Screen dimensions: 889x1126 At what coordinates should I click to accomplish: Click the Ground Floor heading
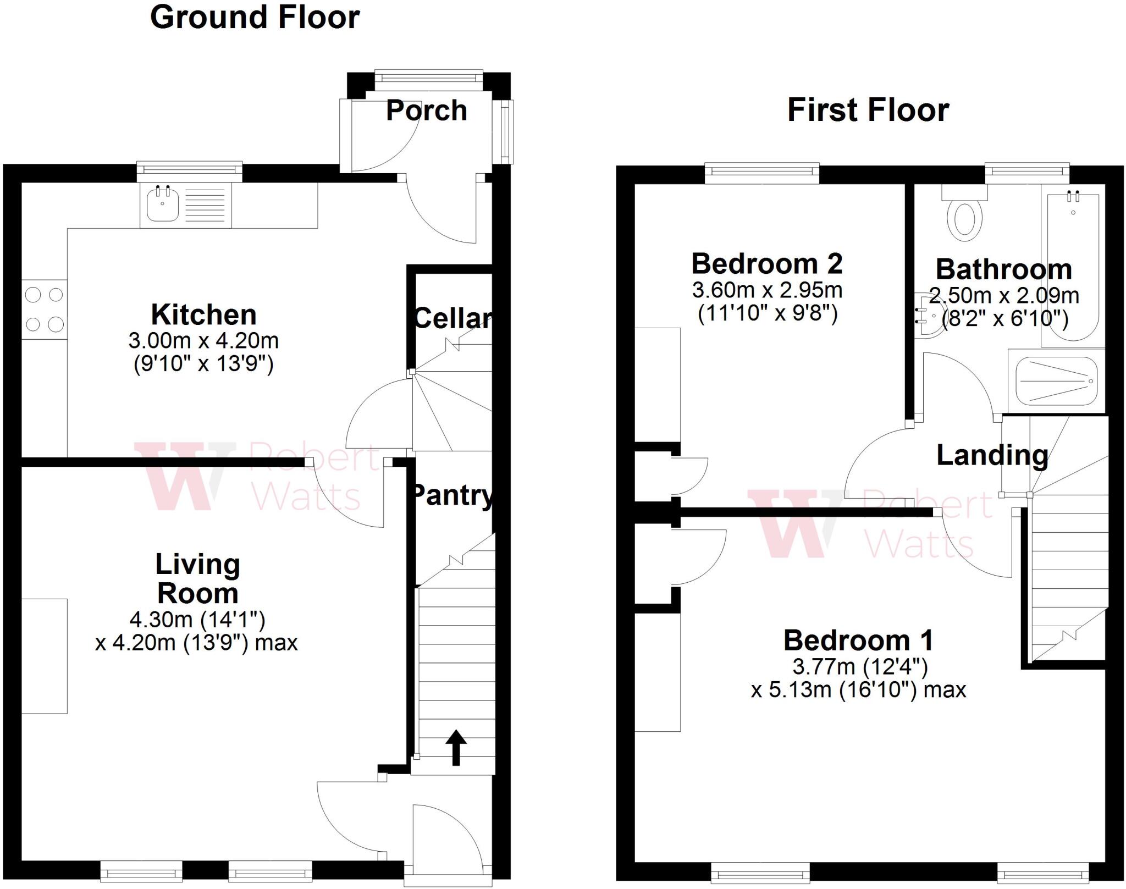[x=255, y=17]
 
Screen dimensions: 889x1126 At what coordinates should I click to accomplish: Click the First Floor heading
[x=868, y=110]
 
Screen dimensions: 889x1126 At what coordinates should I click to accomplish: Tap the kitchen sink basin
[x=163, y=204]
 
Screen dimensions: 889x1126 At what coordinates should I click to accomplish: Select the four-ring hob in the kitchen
[x=45, y=310]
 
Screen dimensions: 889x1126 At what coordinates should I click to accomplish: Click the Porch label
[x=426, y=111]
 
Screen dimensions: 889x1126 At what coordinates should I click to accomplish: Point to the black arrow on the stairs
[x=456, y=747]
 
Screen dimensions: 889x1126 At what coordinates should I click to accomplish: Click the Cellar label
[x=452, y=318]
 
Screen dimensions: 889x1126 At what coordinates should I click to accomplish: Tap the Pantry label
[x=452, y=495]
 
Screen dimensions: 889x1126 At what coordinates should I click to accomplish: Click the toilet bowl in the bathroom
[x=964, y=220]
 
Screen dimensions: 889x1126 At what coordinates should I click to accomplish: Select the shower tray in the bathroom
[x=1056, y=381]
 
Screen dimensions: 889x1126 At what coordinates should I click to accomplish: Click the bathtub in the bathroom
[x=1072, y=269]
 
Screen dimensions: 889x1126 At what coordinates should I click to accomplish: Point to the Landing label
[x=992, y=455]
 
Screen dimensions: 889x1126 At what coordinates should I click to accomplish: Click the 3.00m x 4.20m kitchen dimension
[x=203, y=341]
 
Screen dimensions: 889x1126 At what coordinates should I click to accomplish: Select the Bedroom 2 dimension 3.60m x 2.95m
[x=767, y=290]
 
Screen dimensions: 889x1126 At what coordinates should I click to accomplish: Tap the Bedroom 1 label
[x=858, y=640]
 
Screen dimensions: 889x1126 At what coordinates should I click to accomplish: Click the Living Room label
[x=197, y=579]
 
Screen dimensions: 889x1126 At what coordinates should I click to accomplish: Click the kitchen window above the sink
[x=189, y=171]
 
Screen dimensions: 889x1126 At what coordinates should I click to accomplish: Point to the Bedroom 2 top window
[x=762, y=173]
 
